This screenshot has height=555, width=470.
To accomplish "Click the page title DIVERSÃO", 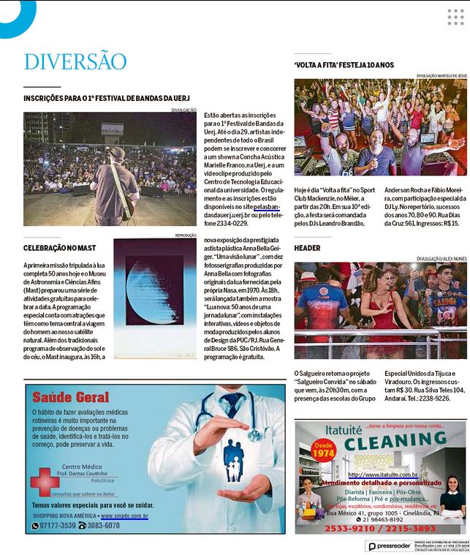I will (x=75, y=61).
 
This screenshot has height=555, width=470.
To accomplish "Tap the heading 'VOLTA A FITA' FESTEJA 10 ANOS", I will (x=344, y=65).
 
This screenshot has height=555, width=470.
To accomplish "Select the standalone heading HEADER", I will (x=308, y=248).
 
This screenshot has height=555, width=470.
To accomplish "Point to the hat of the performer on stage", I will (x=116, y=152).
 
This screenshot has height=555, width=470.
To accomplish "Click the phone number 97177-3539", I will (x=57, y=526).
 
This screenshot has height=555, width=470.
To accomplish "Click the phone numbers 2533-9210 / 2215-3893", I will (x=379, y=529).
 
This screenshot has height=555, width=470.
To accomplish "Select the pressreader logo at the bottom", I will (x=390, y=546).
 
